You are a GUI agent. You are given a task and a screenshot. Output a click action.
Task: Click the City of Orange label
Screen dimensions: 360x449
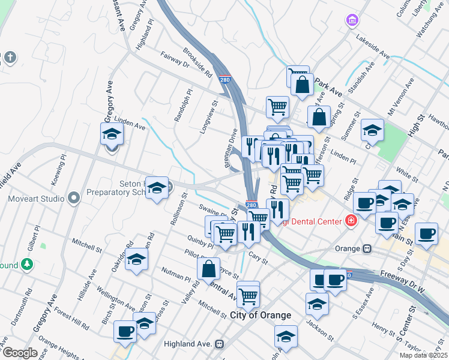pyautogui.click(x=261, y=315)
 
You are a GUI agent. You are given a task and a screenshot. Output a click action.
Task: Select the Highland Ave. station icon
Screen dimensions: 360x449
pyautogui.click(x=219, y=344)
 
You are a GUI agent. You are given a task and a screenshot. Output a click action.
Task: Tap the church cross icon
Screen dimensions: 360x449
pyautogui.click(x=10, y=58)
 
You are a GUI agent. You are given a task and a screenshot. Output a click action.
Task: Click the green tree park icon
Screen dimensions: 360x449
pyautogui.click(x=26, y=264)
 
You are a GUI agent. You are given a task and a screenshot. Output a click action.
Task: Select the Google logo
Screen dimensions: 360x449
pyautogui.click(x=20, y=353)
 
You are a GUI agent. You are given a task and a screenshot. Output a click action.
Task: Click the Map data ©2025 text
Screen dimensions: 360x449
pyautogui.click(x=423, y=355)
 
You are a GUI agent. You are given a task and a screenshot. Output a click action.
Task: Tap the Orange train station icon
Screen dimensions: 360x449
pyautogui.click(x=366, y=248)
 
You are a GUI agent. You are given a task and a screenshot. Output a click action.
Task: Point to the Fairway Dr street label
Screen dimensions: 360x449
pyautogui.click(x=175, y=59)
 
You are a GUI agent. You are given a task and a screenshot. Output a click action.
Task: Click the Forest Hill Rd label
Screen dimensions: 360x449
pyautogui.click(x=71, y=319)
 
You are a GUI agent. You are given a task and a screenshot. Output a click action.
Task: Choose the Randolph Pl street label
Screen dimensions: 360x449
pyautogui.click(x=182, y=106)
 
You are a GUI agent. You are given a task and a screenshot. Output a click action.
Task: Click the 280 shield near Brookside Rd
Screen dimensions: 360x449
pyautogui.click(x=224, y=80)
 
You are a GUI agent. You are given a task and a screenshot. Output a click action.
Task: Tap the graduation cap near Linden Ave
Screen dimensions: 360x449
pyautogui.click(x=112, y=134)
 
